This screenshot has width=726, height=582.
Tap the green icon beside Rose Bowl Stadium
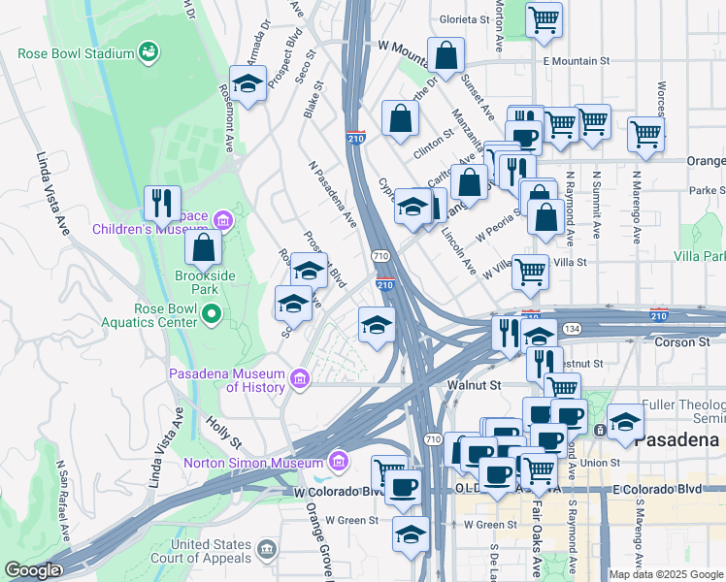tap(148, 49)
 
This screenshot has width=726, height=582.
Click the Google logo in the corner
tap(32, 570)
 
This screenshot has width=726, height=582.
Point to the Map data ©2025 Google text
tap(666, 574)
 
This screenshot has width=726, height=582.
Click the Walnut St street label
tap(473, 385)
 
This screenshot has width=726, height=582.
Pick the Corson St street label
tap(688, 342)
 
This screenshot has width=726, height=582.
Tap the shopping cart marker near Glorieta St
tap(544, 18)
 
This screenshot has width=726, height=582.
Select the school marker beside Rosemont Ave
tap(247, 83)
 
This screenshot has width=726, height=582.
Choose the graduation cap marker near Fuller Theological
tap(626, 421)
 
